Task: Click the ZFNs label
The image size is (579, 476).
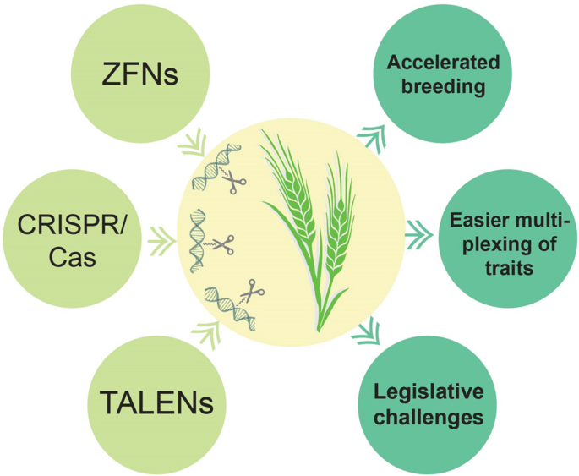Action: click(x=140, y=75)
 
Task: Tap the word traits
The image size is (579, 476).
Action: click(x=502, y=269)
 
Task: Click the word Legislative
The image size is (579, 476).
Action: click(x=429, y=392)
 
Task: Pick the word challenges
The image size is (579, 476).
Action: click(x=429, y=417)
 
